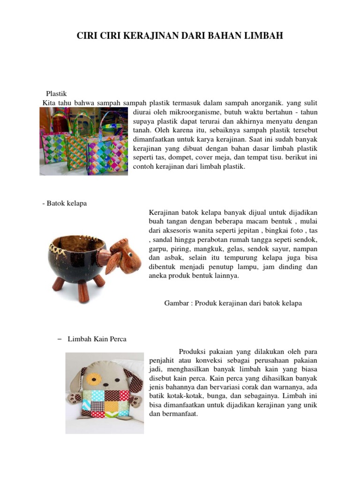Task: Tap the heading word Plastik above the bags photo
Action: click(x=56, y=94)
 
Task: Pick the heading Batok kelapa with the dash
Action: click(x=64, y=203)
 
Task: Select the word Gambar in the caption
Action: click(x=175, y=303)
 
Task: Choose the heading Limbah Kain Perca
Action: click(x=97, y=339)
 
